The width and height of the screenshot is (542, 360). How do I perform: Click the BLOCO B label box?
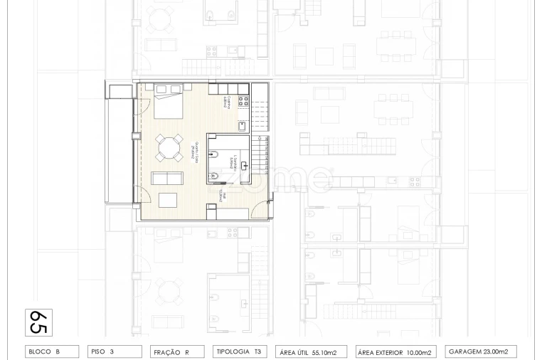[x=53, y=351]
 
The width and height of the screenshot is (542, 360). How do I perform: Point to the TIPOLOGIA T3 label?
[x=240, y=351]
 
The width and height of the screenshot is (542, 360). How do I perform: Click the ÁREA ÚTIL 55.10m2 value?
[x=312, y=351]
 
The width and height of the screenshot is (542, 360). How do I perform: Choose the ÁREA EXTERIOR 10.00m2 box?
[x=395, y=351]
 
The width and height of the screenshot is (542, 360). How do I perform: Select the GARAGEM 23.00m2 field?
[x=480, y=351]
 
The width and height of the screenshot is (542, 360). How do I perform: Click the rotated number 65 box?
[x=38, y=322]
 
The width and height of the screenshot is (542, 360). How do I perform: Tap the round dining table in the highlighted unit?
[x=170, y=149]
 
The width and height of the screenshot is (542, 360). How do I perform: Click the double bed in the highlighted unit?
[x=169, y=105]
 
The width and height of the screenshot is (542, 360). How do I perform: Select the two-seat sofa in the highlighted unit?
[x=168, y=178]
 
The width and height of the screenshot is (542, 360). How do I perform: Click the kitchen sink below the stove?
[x=243, y=125]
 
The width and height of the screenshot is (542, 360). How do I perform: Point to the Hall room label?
[x=223, y=194]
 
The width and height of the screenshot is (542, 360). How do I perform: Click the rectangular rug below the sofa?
[x=169, y=199]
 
